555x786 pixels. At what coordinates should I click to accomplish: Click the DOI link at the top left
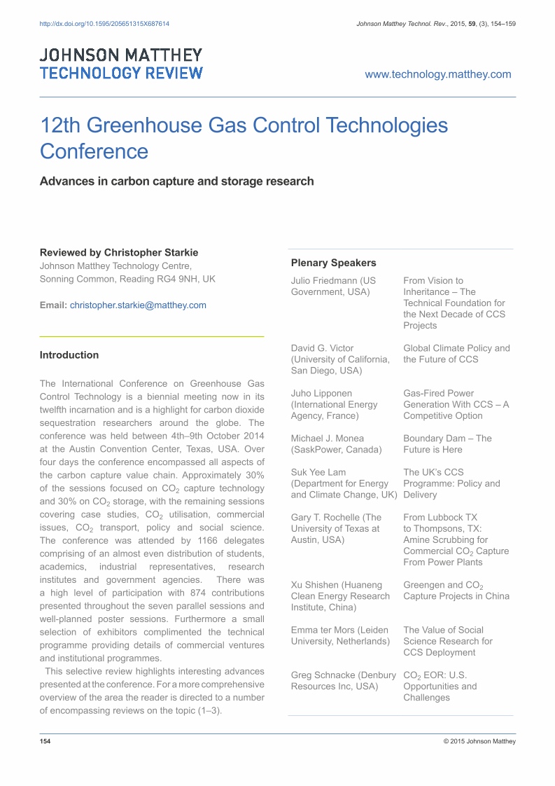[104, 24]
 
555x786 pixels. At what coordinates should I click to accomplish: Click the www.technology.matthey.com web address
[438, 74]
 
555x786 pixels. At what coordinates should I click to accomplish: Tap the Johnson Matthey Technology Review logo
[121, 64]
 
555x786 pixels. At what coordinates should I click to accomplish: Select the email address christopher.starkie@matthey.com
[138, 305]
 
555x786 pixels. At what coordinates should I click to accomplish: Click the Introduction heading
[69, 354]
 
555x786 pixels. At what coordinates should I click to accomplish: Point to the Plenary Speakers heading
[333, 263]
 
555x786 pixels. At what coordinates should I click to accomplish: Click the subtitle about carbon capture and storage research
[176, 181]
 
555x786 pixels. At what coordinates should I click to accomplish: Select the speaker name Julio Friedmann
[324, 281]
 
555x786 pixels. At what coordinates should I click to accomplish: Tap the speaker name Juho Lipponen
[321, 393]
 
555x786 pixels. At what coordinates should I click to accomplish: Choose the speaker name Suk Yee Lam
[318, 472]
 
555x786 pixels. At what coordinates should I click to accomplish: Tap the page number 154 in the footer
[45, 741]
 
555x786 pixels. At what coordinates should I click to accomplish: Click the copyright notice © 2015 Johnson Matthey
[479, 741]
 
